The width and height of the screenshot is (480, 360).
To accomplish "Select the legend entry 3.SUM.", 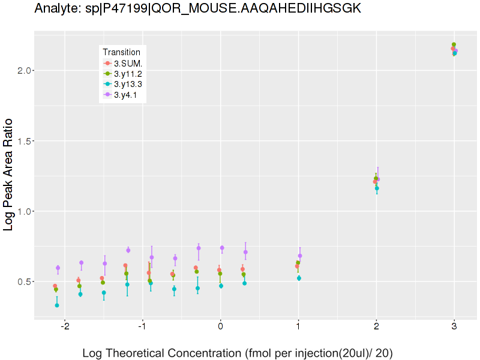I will click(x=128, y=63).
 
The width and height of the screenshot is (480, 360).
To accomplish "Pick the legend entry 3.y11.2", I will click(x=128, y=73).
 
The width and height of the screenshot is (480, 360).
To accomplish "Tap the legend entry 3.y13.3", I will click(x=128, y=84).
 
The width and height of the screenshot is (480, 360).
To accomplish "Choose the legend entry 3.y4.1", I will click(x=126, y=95).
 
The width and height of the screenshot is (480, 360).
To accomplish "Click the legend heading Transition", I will click(x=121, y=52).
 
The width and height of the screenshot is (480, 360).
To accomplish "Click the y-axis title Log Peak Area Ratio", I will click(x=10, y=175).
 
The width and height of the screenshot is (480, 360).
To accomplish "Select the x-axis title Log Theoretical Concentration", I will click(x=238, y=353).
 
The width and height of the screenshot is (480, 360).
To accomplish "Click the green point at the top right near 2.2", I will click(x=454, y=44).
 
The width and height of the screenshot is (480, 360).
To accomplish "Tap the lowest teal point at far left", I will click(x=57, y=305).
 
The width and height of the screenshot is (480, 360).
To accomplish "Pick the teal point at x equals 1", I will click(x=299, y=278).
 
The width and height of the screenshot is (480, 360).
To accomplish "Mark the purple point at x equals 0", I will click(x=222, y=248).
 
